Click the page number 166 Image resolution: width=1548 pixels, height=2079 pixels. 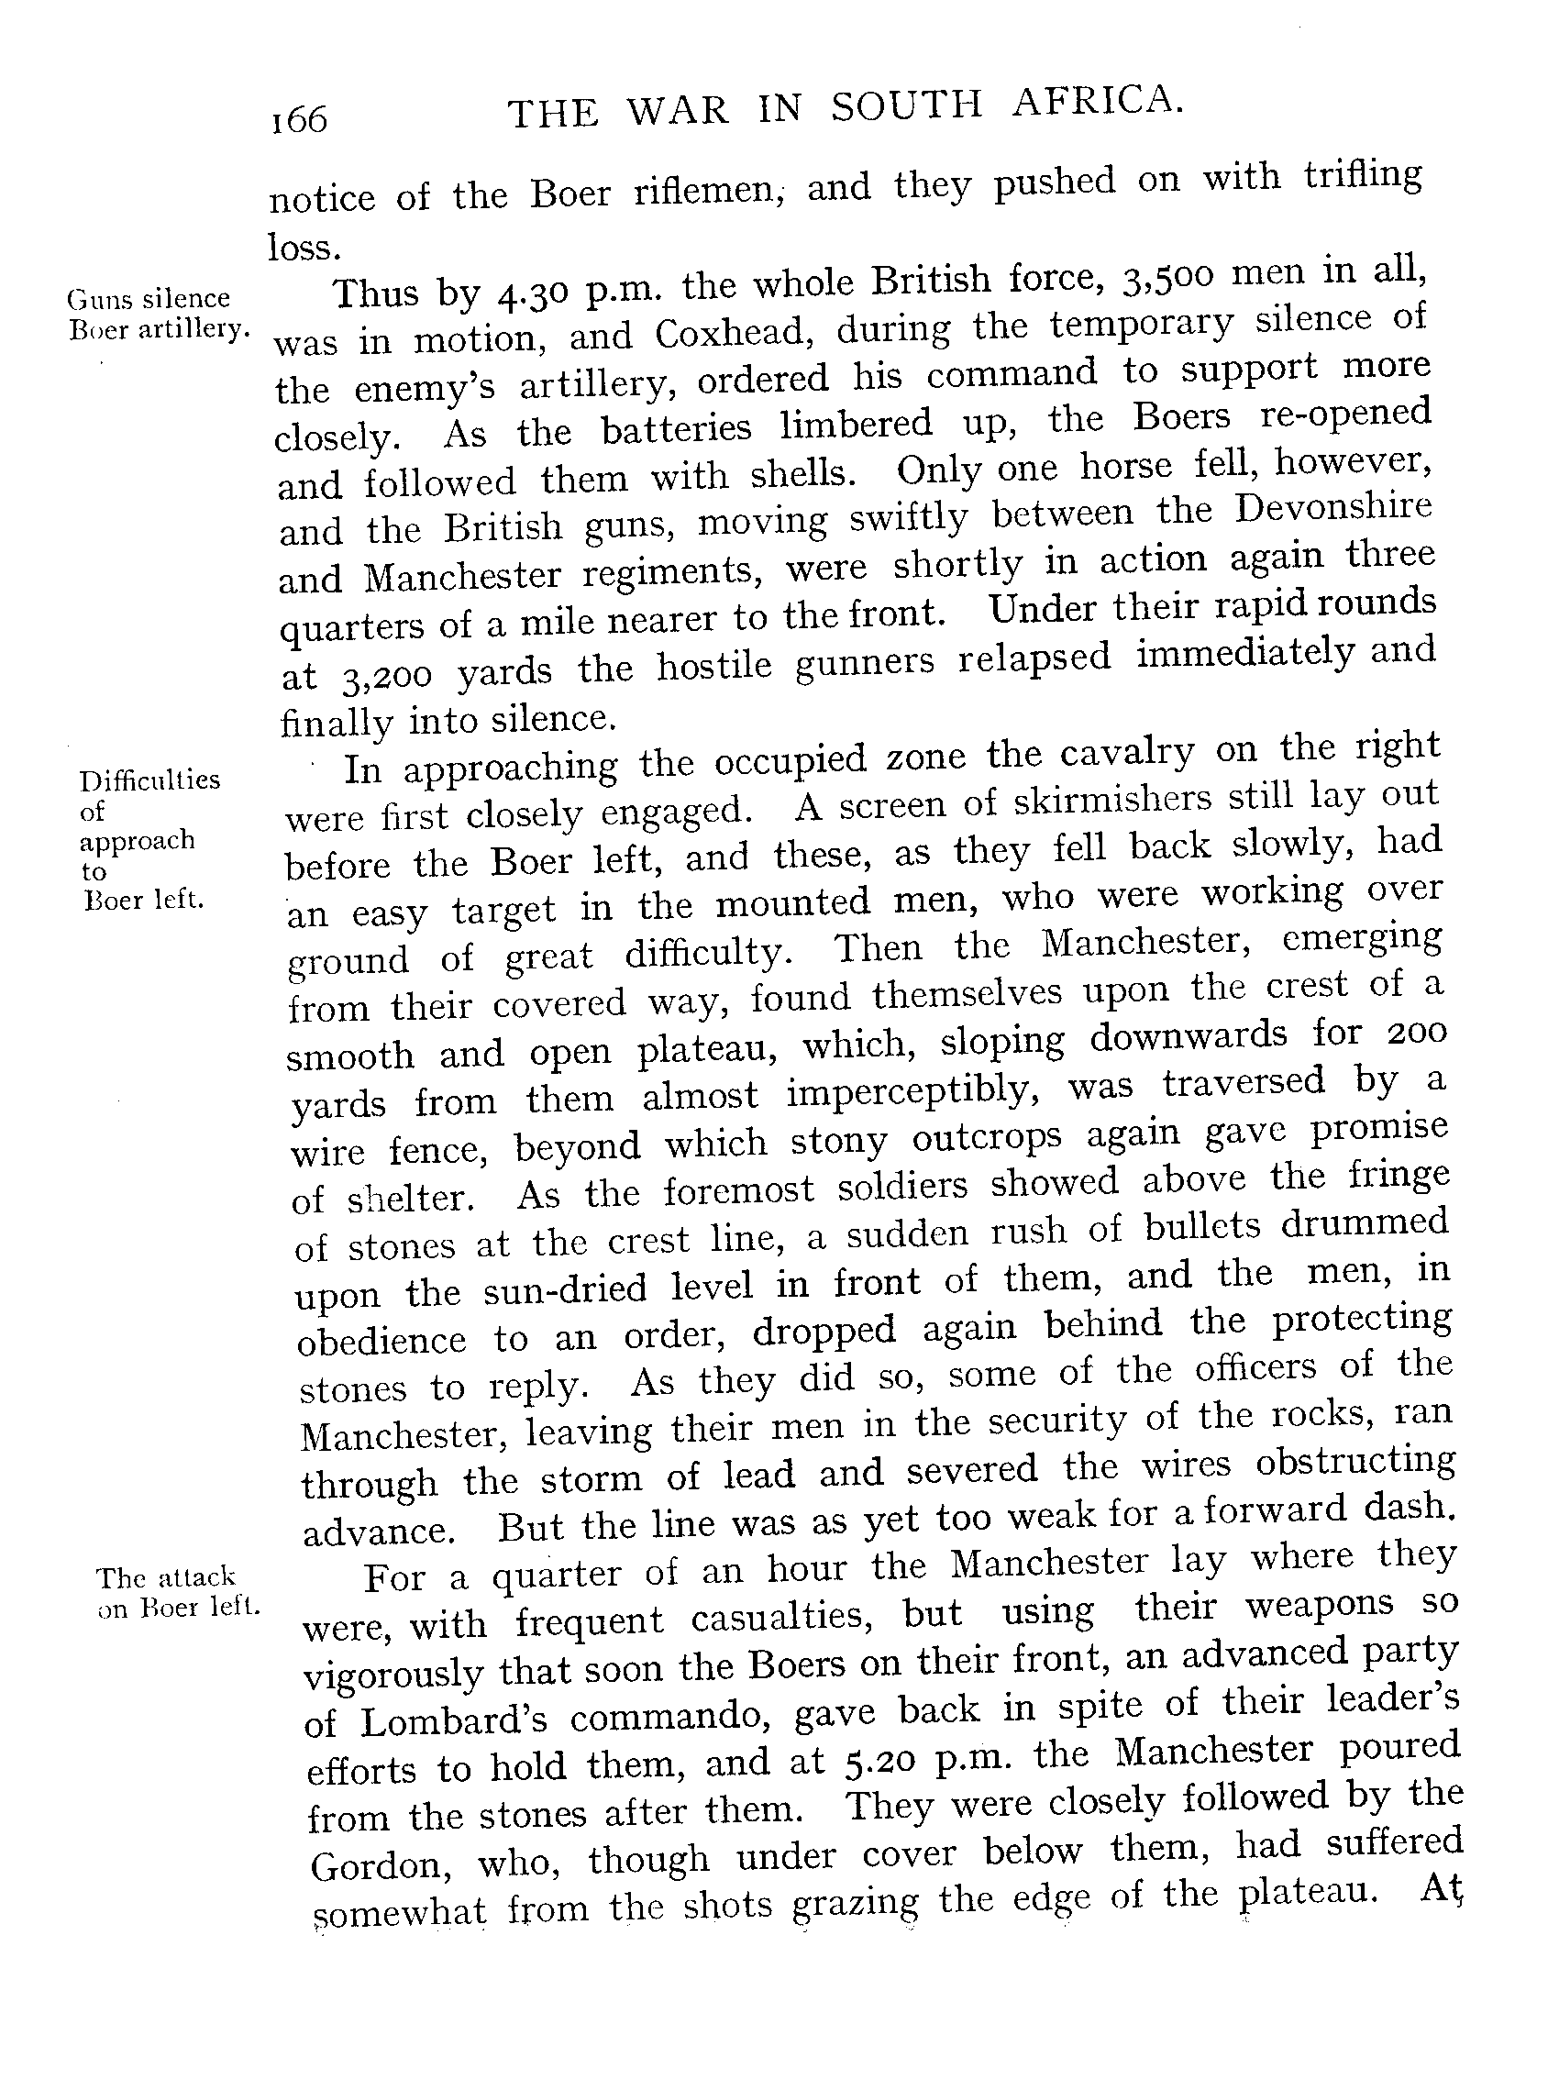tap(299, 120)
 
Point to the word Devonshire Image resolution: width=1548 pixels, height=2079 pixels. tap(1332, 507)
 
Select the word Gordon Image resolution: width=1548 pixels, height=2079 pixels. tap(380, 1865)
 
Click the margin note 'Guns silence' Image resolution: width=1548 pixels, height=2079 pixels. tap(148, 298)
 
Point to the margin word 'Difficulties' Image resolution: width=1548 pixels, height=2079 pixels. tap(149, 780)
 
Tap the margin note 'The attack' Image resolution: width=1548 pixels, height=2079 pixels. tap(166, 1577)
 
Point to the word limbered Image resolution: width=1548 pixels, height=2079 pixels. tap(857, 424)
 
